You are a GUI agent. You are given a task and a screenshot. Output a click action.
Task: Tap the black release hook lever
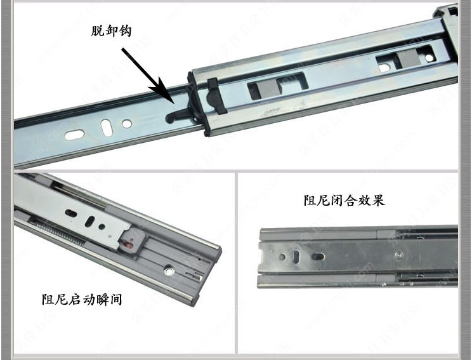tap(180, 112)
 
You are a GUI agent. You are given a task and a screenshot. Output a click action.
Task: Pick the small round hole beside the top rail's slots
tap(127, 123)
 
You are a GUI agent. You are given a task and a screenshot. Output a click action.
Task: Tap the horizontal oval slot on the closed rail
tap(317, 257)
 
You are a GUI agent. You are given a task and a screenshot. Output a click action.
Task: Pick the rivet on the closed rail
tap(397, 255)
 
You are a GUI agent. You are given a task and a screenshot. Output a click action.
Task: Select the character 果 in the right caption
tap(378, 201)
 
